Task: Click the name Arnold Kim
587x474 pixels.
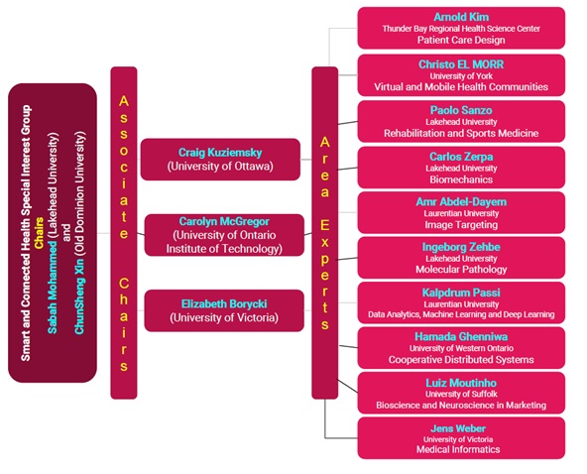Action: pyautogui.click(x=461, y=17)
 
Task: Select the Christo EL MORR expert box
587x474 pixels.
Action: pyautogui.click(x=461, y=75)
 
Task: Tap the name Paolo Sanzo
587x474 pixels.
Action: pyautogui.click(x=461, y=110)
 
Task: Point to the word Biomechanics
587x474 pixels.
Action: pyautogui.click(x=461, y=180)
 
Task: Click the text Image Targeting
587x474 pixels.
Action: pyautogui.click(x=461, y=225)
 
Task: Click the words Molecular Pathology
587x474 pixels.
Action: pyautogui.click(x=461, y=269)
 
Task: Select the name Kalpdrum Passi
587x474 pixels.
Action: pyautogui.click(x=461, y=293)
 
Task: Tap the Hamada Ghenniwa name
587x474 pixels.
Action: pyautogui.click(x=461, y=337)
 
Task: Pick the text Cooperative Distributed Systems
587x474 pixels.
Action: pyautogui.click(x=461, y=360)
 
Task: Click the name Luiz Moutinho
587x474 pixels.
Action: pyautogui.click(x=461, y=382)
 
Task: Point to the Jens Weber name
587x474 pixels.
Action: pyautogui.click(x=461, y=427)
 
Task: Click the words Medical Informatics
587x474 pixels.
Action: pyautogui.click(x=461, y=449)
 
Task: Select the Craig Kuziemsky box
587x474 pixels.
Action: pyautogui.click(x=220, y=160)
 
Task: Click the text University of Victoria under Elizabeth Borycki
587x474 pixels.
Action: pyautogui.click(x=220, y=317)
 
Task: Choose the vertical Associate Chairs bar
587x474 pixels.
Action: pyautogui.click(x=123, y=232)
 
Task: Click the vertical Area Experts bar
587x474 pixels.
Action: pyautogui.click(x=324, y=232)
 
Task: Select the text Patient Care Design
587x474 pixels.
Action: pyautogui.click(x=461, y=41)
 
